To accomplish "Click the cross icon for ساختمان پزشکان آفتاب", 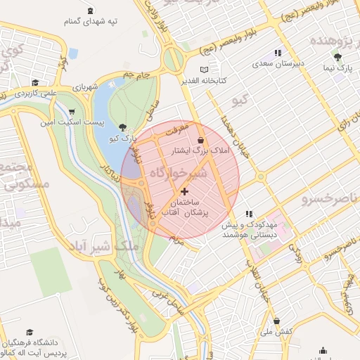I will click(x=185, y=191).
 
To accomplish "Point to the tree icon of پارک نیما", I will click(x=339, y=57).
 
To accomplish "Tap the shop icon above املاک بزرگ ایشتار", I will click(x=202, y=140).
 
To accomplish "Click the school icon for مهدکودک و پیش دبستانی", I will click(x=248, y=214).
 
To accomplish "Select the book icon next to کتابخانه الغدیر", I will click(x=205, y=70).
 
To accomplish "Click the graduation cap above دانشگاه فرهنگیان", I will click(x=29, y=332).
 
